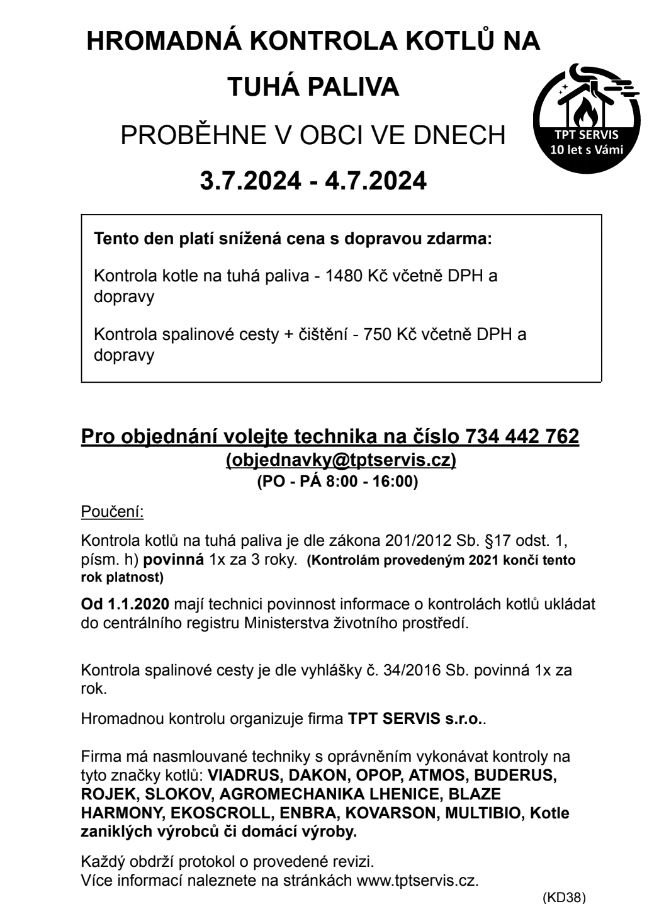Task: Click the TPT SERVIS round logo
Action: click(587, 118)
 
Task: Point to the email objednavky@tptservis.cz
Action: click(341, 460)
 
